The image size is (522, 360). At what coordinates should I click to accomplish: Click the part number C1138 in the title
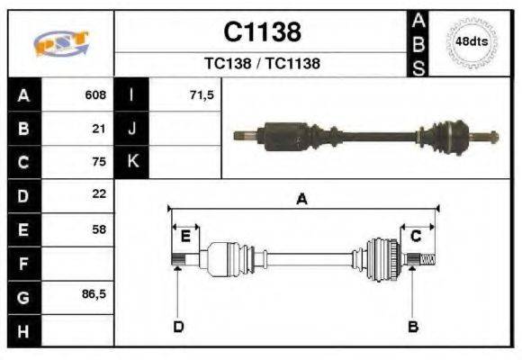click(262, 32)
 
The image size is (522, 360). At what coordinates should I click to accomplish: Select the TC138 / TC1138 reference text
click(262, 64)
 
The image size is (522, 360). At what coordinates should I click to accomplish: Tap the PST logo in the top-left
click(60, 43)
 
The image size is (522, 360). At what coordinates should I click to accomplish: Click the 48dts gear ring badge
click(472, 41)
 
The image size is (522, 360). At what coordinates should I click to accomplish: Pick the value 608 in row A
click(95, 94)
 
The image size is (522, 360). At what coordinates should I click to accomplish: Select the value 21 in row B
click(100, 129)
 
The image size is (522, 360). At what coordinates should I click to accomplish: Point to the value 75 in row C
click(100, 162)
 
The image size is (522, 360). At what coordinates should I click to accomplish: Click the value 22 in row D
click(100, 194)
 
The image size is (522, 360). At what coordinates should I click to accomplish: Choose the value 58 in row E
click(100, 229)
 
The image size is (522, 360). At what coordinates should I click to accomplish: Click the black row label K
click(133, 162)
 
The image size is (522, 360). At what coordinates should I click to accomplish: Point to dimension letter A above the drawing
click(302, 200)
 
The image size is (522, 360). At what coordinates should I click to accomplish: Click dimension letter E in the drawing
click(185, 236)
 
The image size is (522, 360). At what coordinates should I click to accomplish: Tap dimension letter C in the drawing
click(416, 236)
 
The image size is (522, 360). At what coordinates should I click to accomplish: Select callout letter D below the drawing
click(178, 326)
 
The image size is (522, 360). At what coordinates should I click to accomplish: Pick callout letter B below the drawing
click(414, 326)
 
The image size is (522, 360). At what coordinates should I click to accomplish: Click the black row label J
click(133, 129)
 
